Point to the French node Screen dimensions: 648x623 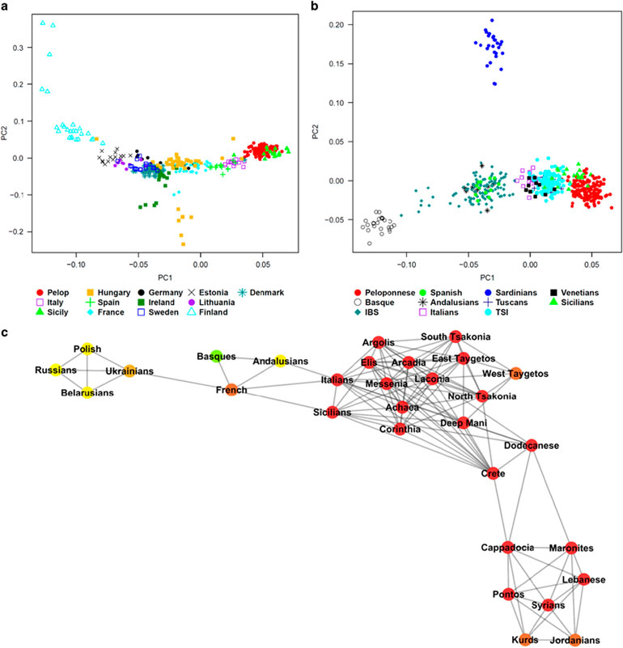click(231, 389)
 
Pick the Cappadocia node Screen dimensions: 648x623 click(508, 548)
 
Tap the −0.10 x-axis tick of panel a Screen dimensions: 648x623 click(76, 264)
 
